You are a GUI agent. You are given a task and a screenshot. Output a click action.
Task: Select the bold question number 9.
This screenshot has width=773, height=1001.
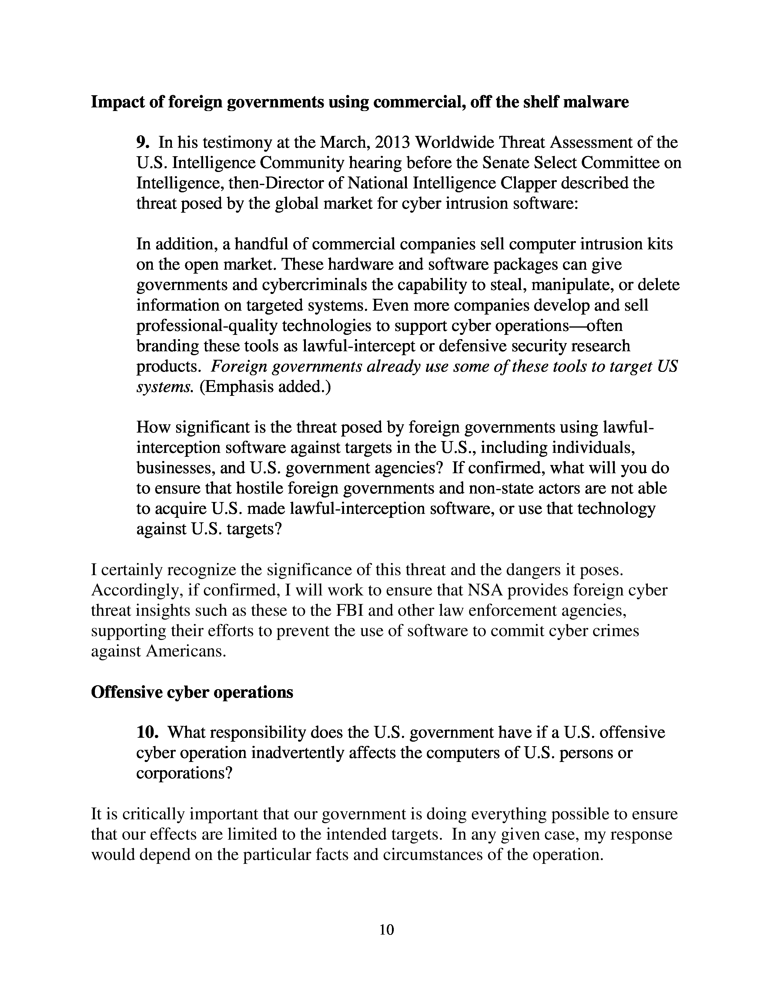[x=142, y=143]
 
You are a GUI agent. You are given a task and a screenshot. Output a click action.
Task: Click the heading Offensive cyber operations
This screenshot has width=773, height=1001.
[x=192, y=692]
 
